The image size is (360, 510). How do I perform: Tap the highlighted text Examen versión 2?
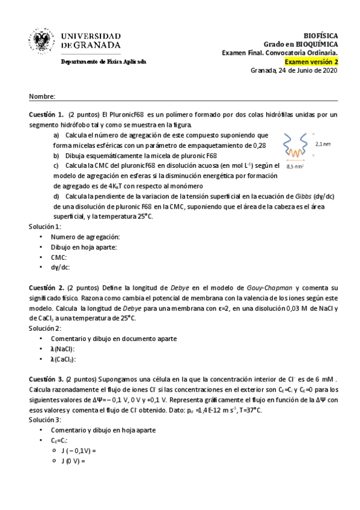tap(311, 61)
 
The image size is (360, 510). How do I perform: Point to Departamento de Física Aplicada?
tap(103, 61)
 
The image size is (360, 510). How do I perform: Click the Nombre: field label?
tap(42, 96)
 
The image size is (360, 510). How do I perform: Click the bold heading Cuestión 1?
tap(46, 114)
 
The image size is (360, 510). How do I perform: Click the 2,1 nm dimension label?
tap(323, 144)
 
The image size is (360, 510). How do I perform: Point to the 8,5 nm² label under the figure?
tap(294, 167)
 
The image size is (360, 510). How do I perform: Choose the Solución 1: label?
tap(45, 227)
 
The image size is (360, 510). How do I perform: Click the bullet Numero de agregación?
tap(85, 237)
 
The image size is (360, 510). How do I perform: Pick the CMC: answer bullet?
tap(59, 257)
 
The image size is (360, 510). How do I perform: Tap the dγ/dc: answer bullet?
tap(61, 267)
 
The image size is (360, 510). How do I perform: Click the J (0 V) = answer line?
tap(73, 461)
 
